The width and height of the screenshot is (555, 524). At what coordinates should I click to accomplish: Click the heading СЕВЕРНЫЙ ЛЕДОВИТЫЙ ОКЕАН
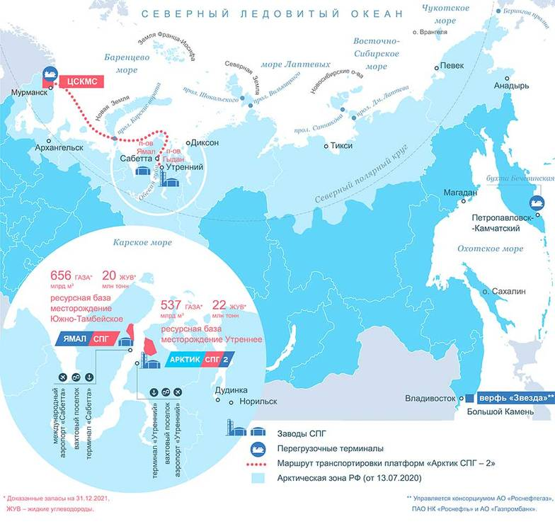pyautogui.click(x=271, y=13)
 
